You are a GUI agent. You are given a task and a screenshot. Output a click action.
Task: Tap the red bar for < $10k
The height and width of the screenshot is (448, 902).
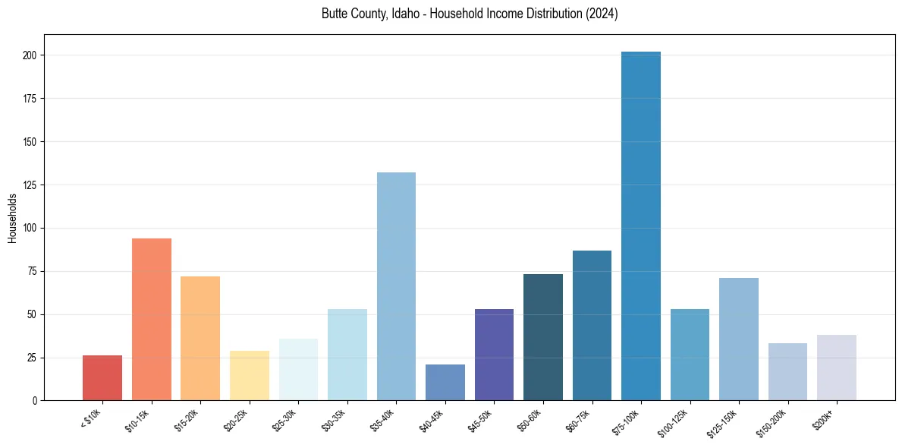pos(102,377)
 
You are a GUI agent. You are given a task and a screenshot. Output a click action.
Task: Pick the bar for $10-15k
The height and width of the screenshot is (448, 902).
pos(152,319)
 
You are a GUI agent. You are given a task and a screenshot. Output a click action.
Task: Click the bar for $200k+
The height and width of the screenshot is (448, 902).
pos(837,368)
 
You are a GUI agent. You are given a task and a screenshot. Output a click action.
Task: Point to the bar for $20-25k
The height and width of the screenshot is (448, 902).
pos(250,375)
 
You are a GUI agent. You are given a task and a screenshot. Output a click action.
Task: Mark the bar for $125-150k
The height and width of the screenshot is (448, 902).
pos(739,339)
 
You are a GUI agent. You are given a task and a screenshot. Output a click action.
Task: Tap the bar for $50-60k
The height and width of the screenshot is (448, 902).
pos(543,337)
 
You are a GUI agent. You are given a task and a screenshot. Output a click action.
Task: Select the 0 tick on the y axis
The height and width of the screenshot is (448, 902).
pos(35,400)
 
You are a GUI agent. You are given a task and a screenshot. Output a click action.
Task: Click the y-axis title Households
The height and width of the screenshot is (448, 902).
pos(13,218)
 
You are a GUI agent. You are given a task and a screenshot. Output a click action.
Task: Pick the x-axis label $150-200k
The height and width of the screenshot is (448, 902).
pos(772,421)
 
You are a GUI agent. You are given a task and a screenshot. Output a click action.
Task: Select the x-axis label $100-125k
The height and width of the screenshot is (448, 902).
pos(674,421)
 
